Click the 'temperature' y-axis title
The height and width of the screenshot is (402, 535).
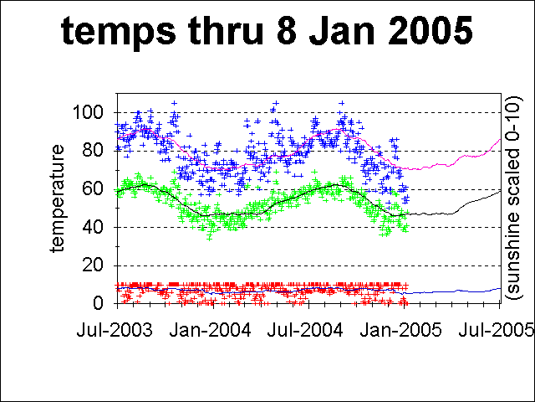58,198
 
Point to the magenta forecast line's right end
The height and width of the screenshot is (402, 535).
500,139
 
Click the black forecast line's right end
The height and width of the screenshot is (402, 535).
500,191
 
